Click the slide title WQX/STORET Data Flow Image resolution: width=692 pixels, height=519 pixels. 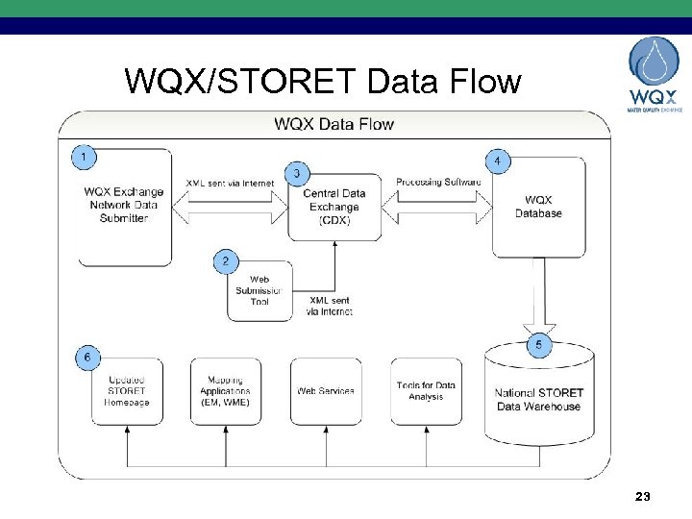pyautogui.click(x=322, y=82)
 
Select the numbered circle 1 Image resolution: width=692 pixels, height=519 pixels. pyautogui.click(x=86, y=155)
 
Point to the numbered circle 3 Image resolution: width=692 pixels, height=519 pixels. pyautogui.click(x=300, y=173)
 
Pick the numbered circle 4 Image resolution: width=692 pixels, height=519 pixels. pyautogui.click(x=497, y=161)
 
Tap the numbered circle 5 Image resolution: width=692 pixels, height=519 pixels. pyautogui.click(x=538, y=345)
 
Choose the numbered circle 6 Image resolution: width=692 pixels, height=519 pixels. pyautogui.click(x=87, y=358)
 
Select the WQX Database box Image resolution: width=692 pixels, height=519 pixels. pyautogui.click(x=538, y=207)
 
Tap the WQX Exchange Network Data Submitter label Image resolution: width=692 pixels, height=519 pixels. pyautogui.click(x=124, y=205)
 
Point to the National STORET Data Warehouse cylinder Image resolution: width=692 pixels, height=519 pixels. pyautogui.click(x=538, y=399)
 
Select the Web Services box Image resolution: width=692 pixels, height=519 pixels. pyautogui.click(x=326, y=391)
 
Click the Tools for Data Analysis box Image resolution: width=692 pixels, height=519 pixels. pyautogui.click(x=426, y=391)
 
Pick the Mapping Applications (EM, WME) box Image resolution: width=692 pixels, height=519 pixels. pyautogui.click(x=225, y=391)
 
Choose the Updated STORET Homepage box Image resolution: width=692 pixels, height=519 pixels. pyautogui.click(x=126, y=391)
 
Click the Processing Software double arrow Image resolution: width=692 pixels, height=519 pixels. pyautogui.click(x=437, y=203)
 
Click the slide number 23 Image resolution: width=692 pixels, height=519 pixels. pyautogui.click(x=643, y=497)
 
